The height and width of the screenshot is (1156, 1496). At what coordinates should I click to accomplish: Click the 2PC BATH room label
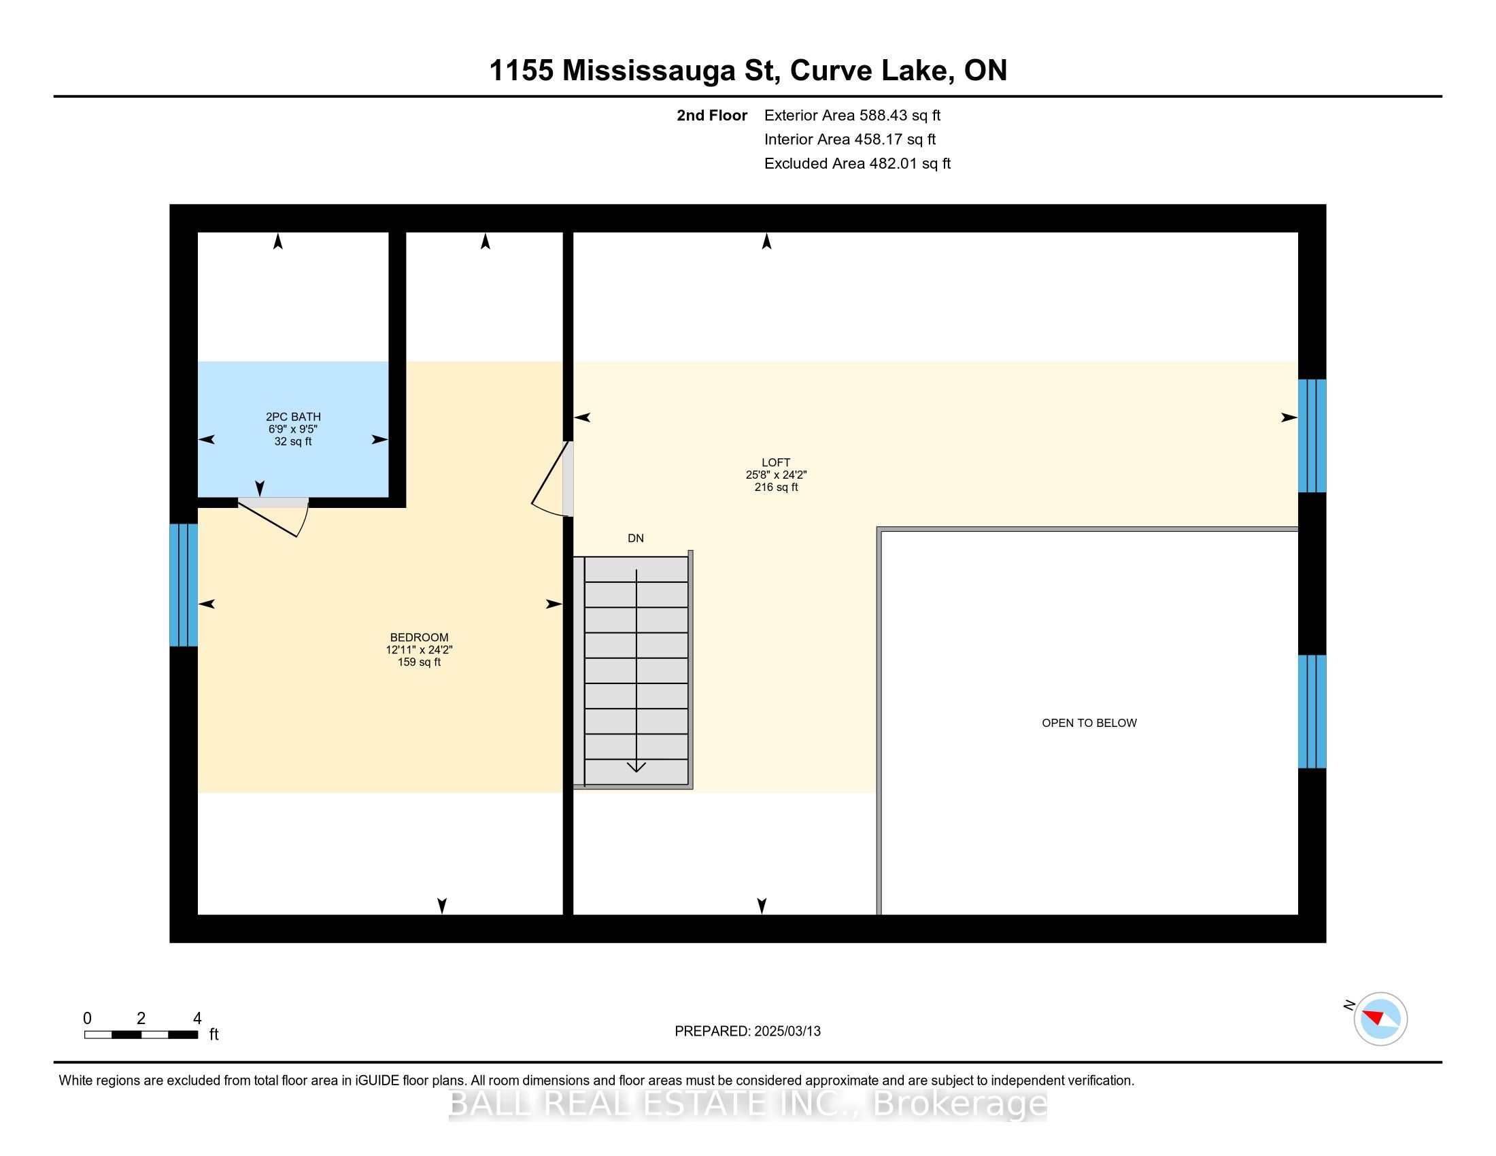pos(292,416)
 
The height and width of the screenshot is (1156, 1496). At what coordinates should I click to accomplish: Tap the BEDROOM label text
pos(418,637)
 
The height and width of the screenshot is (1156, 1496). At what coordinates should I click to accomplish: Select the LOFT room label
pos(775,462)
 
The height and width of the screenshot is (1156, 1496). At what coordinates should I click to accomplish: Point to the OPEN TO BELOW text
pos(1089,722)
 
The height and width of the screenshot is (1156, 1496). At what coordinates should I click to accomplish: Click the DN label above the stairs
pos(635,539)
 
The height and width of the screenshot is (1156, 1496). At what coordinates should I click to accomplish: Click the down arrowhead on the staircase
pos(636,766)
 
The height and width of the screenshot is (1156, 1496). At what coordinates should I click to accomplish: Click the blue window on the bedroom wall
pos(184,585)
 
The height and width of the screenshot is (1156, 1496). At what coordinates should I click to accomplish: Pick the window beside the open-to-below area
pos(1312,711)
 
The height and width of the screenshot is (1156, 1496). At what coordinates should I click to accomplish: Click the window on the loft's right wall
pos(1312,436)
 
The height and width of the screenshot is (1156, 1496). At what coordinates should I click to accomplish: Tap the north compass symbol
pos(1380,1019)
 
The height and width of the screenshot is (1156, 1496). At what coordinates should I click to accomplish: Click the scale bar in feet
pos(141,1034)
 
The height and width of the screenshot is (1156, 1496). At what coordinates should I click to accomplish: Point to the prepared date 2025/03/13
pos(747,1031)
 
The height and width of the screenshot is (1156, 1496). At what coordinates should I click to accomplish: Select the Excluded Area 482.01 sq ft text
pos(857,163)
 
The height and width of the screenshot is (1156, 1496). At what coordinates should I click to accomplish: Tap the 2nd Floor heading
pos(711,115)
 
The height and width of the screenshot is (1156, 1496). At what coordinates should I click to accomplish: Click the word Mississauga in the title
pos(671,71)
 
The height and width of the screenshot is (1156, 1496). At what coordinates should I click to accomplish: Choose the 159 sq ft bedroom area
pos(418,662)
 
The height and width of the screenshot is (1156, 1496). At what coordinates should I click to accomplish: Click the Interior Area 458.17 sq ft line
pos(849,139)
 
